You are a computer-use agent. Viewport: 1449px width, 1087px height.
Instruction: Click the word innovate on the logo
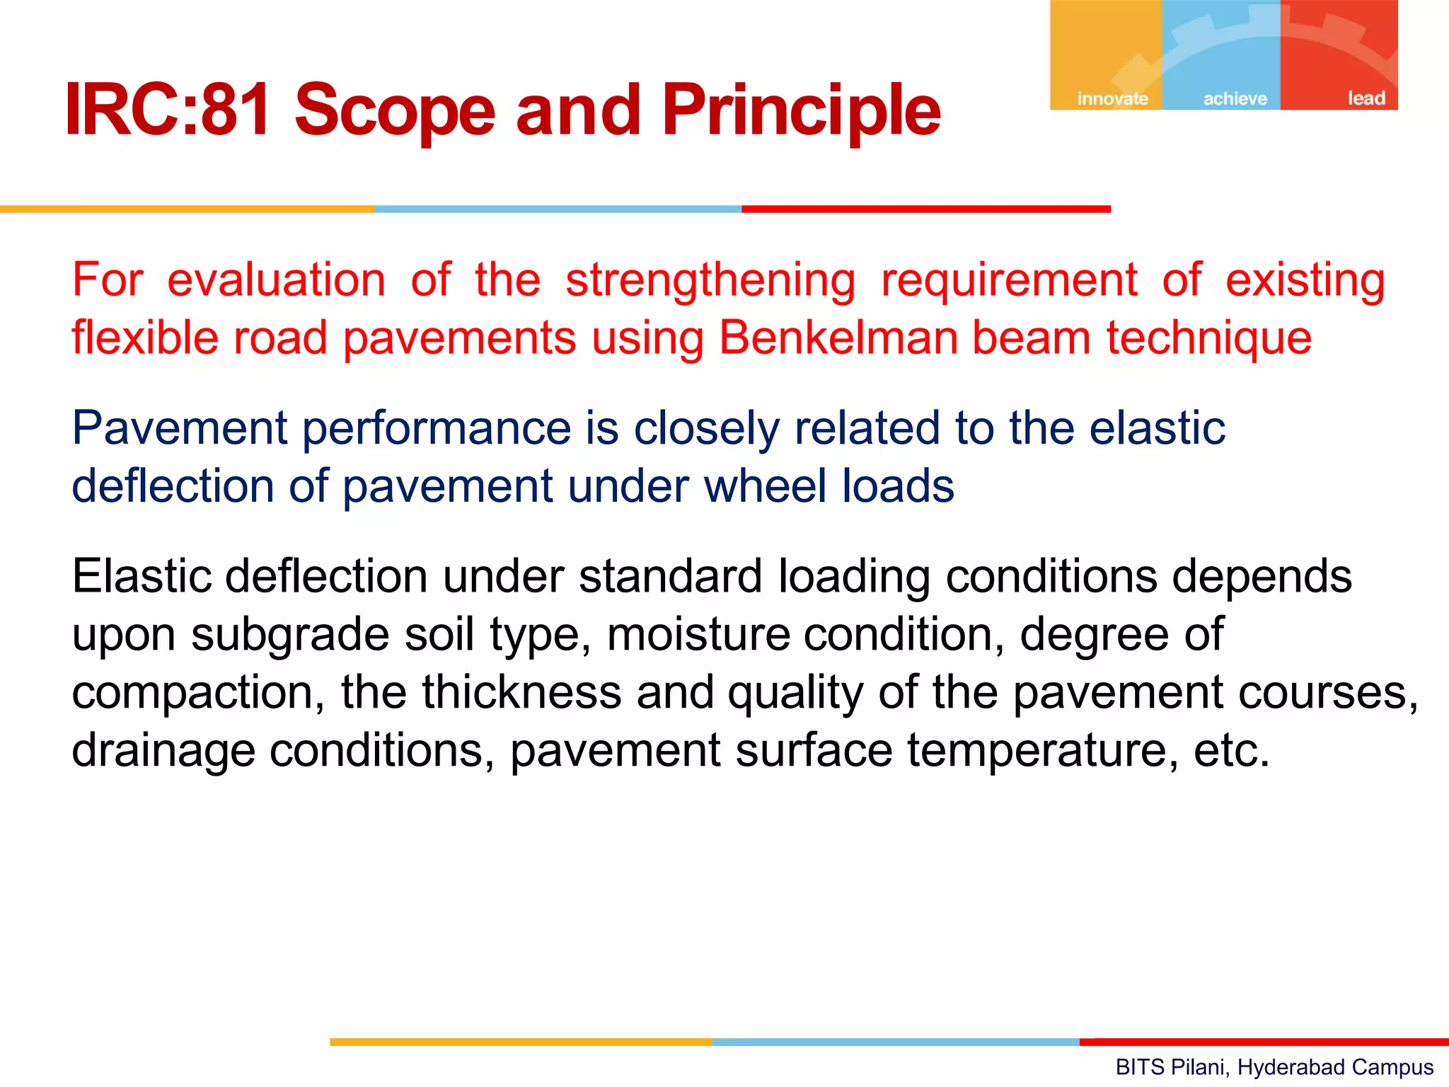[x=1112, y=98]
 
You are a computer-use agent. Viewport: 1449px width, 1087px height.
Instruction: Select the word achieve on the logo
[x=1235, y=98]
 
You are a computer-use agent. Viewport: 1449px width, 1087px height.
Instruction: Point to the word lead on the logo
[x=1366, y=98]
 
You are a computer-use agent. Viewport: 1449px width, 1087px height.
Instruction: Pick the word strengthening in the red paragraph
[x=710, y=280]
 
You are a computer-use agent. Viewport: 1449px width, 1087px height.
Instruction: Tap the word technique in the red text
[x=1209, y=338]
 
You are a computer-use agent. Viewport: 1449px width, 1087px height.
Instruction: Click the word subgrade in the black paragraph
[x=290, y=635]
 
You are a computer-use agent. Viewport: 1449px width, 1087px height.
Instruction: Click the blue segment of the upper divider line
[x=558, y=209]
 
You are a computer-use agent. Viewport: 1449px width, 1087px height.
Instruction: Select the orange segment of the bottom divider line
[x=521, y=1042]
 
